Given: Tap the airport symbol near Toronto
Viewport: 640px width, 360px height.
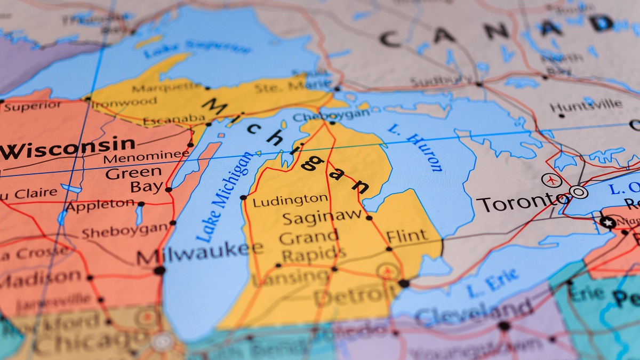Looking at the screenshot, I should (551, 180).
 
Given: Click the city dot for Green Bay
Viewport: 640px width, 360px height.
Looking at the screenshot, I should (169, 189).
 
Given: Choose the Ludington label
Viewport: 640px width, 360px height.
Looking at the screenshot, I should (290, 201).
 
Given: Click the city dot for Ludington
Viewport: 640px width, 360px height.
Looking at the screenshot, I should (243, 197).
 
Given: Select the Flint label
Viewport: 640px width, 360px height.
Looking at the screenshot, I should (407, 235).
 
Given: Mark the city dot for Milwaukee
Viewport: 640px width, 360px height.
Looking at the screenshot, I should (159, 270).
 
